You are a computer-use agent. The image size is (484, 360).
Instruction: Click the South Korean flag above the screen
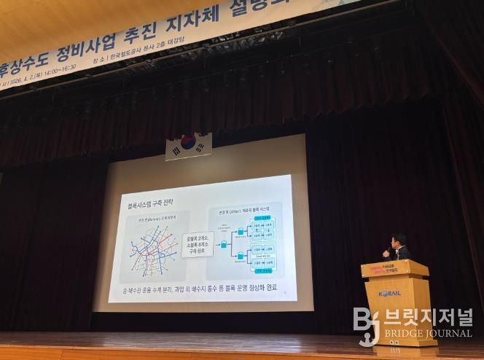pos(188,145)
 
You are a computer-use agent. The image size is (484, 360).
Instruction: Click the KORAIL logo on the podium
pos(389,294)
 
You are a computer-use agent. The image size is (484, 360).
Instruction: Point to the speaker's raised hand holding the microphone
pos(386,253)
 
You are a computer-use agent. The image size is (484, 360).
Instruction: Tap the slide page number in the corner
pos(284,294)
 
